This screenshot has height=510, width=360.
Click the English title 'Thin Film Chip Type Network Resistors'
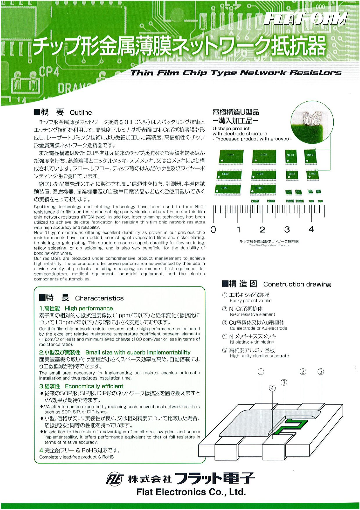tap(236, 73)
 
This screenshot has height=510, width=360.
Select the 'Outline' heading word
tap(81, 113)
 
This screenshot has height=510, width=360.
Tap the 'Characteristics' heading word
tap(99, 298)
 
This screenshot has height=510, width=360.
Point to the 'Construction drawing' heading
tap(297, 284)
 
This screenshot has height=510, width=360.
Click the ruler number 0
tap(213, 230)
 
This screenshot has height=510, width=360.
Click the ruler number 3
tap(287, 230)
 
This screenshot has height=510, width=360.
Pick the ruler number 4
tap(311, 229)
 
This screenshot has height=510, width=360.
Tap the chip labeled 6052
tap(291, 175)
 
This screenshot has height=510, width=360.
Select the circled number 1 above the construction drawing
tap(260, 372)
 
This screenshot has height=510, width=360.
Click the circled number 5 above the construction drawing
tap(321, 372)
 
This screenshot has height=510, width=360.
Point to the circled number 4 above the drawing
tap(272, 388)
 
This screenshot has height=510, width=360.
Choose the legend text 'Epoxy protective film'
tap(251, 301)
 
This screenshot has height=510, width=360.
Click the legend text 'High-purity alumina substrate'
tap(259, 356)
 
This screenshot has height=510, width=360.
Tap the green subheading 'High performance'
tap(89, 309)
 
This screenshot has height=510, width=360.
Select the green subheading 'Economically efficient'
tap(94, 386)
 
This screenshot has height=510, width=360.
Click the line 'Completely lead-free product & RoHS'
tap(76, 457)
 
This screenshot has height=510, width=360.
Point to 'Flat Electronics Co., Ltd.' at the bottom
tap(191, 492)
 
